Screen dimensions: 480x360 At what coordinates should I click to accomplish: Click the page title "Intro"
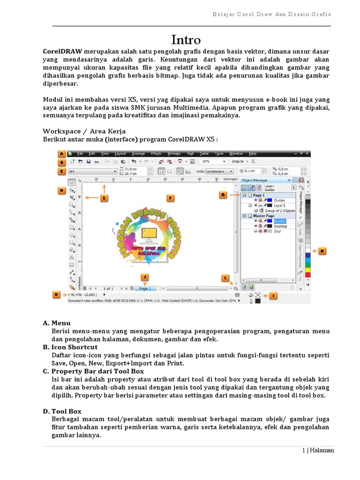click(x=186, y=40)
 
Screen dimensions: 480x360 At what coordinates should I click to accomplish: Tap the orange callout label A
click(x=62, y=154)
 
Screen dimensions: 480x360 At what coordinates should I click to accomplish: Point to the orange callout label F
click(x=171, y=198)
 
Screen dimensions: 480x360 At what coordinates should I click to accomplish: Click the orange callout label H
click(x=322, y=252)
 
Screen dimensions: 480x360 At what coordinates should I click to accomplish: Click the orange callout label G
click(x=223, y=194)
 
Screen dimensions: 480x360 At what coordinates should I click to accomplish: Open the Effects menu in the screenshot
click(x=156, y=154)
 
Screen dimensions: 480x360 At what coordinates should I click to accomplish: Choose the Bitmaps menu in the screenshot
click(x=174, y=154)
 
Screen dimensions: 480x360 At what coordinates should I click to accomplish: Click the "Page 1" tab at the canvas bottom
click(x=145, y=289)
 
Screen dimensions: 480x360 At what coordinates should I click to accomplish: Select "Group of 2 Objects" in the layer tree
click(x=279, y=211)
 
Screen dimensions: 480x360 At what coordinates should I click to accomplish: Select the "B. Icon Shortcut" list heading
click(x=70, y=347)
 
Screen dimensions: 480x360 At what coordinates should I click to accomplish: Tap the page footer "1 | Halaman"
click(x=318, y=450)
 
